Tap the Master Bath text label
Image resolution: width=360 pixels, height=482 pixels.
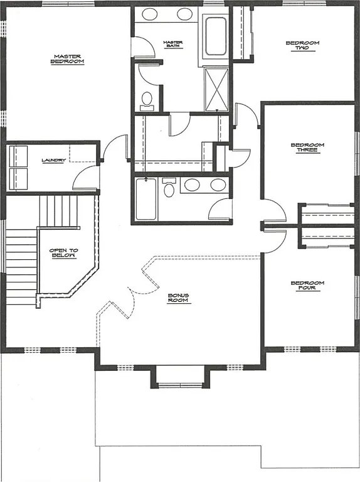pyautogui.click(x=172, y=45)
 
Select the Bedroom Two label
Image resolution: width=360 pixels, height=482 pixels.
pyautogui.click(x=302, y=45)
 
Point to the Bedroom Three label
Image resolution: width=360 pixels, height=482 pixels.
pyautogui.click(x=307, y=148)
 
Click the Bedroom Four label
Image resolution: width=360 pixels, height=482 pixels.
pyautogui.click(x=307, y=286)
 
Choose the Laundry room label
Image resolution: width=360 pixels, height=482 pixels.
pyautogui.click(x=53, y=160)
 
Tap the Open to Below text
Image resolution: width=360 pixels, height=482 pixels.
pyautogui.click(x=63, y=253)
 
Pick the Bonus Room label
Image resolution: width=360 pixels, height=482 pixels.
pyautogui.click(x=178, y=297)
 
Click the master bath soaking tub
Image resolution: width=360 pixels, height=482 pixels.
pyautogui.click(x=215, y=37)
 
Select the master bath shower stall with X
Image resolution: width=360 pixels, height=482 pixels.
pyautogui.click(x=217, y=89)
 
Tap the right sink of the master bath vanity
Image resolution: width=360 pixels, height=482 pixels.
pyautogui.click(x=185, y=14)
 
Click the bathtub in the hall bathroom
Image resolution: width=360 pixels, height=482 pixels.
pyautogui.click(x=146, y=199)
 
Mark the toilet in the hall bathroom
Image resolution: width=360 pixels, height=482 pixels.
pyautogui.click(x=169, y=188)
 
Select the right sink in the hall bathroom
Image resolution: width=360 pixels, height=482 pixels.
pyautogui.click(x=217, y=185)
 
